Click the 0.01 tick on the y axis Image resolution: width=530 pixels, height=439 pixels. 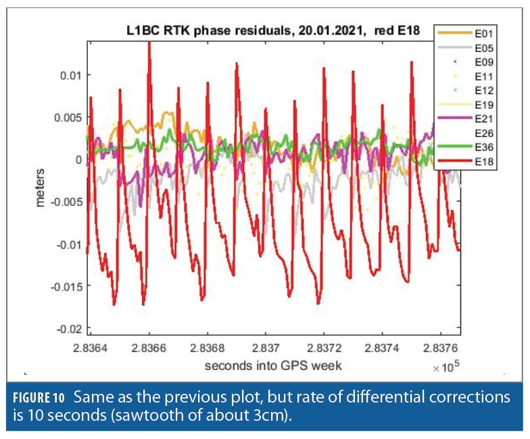[x=71, y=74]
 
